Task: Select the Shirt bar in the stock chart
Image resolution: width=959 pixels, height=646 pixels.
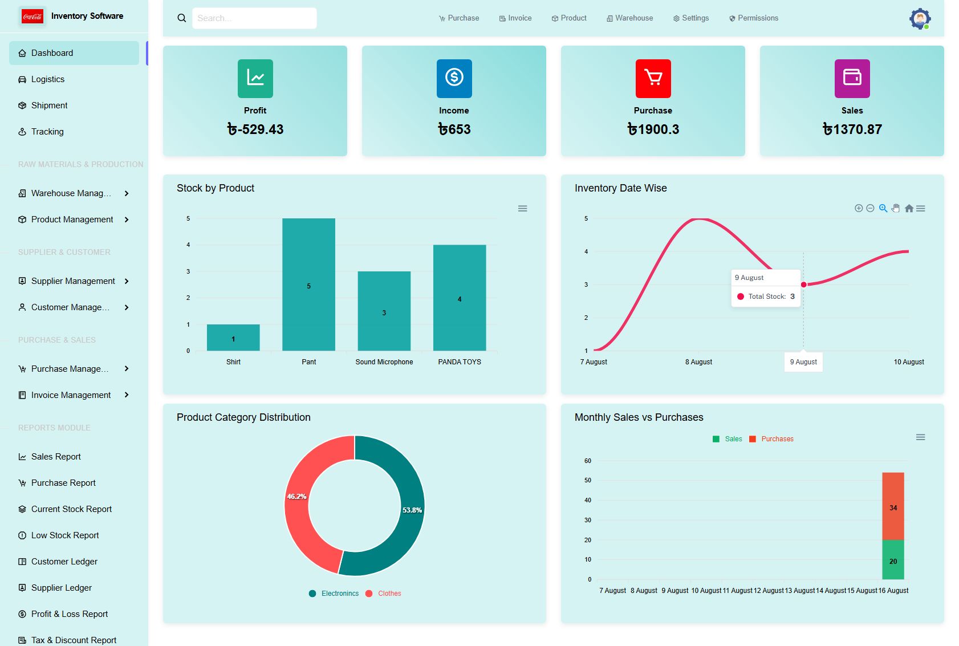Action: click(233, 338)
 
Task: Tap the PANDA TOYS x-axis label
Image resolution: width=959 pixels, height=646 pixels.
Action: click(459, 362)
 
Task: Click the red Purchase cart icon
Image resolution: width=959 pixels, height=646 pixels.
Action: click(653, 78)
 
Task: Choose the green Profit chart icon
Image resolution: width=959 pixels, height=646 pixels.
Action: click(255, 78)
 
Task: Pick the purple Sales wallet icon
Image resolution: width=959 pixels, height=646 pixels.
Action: click(852, 78)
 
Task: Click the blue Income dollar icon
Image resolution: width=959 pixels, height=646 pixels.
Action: click(454, 78)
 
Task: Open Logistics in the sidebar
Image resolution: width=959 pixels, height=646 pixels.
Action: click(48, 79)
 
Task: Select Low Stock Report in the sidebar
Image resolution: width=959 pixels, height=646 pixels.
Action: click(65, 535)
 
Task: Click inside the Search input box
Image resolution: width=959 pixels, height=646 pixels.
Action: click(254, 18)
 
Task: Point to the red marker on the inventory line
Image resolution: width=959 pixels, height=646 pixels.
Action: click(803, 285)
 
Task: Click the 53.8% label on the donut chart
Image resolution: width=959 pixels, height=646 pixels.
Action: click(412, 510)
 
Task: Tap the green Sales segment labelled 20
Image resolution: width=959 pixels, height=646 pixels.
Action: click(893, 560)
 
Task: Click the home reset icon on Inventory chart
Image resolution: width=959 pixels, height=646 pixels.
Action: click(909, 209)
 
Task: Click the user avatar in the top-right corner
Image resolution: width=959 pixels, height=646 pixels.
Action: click(919, 19)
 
